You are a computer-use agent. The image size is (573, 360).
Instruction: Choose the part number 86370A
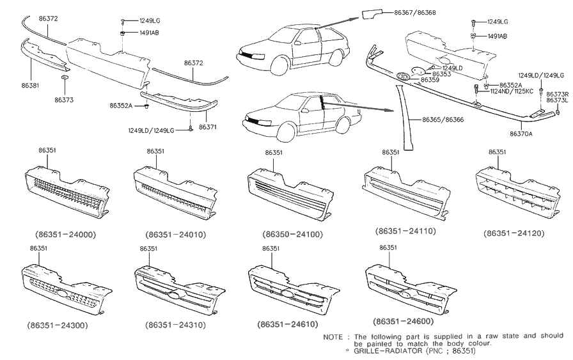(521, 134)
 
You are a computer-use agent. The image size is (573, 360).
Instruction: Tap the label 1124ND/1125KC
(513, 91)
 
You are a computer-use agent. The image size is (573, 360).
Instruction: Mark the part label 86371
(207, 127)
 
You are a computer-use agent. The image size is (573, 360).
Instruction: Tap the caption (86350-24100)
(294, 235)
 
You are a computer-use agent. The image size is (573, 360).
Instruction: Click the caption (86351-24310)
(178, 325)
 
